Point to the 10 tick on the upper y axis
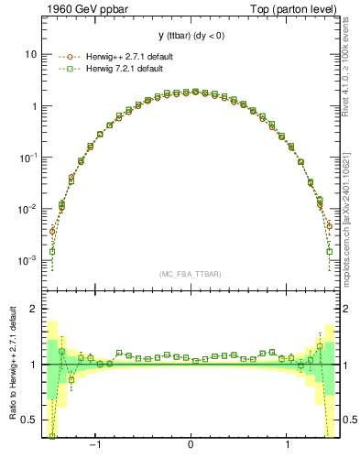30,54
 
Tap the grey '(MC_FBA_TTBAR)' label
190,274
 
